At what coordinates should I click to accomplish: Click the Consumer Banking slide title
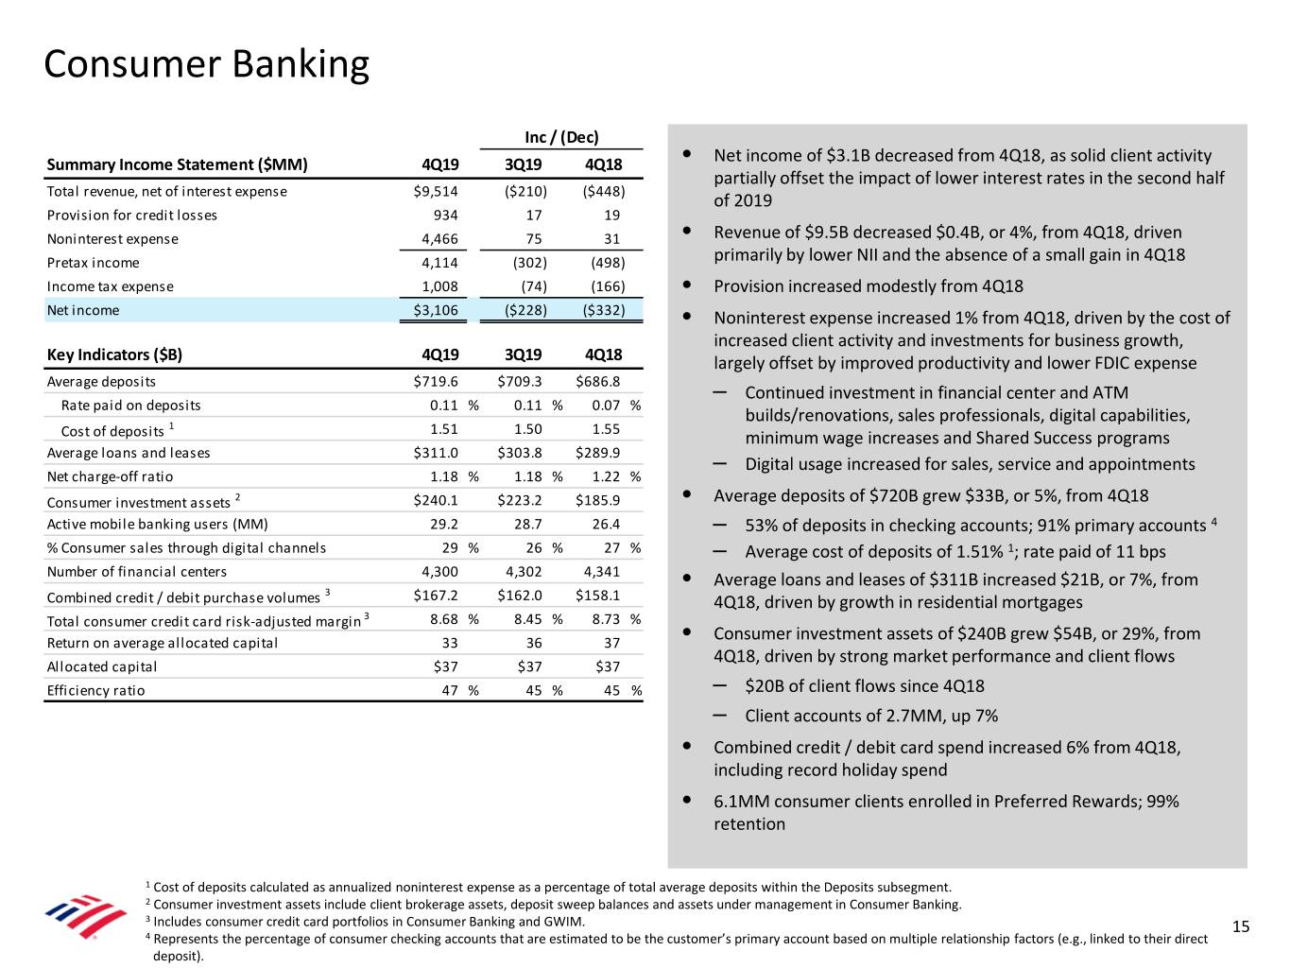click(206, 64)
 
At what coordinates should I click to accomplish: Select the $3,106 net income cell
click(436, 310)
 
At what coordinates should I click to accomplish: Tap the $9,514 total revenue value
click(436, 191)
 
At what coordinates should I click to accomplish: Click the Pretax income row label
click(93, 263)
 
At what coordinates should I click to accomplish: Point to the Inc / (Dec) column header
click(561, 137)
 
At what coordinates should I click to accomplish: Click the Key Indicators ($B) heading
click(114, 354)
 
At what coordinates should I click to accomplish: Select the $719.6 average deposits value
click(436, 381)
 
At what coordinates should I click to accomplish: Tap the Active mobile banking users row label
click(157, 524)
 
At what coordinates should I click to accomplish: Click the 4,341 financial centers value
click(602, 571)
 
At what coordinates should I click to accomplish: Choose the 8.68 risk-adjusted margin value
click(443, 618)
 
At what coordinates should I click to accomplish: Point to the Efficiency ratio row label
click(95, 690)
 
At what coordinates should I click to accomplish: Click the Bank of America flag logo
click(87, 915)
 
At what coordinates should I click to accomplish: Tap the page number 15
click(1241, 926)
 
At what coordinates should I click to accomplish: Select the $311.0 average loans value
click(436, 453)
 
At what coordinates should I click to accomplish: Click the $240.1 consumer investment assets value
click(436, 500)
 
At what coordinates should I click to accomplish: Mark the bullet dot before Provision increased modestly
click(684, 285)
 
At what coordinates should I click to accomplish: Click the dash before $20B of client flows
click(720, 685)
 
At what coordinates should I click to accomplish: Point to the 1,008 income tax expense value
click(439, 286)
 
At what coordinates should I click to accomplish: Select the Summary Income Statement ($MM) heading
click(177, 164)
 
